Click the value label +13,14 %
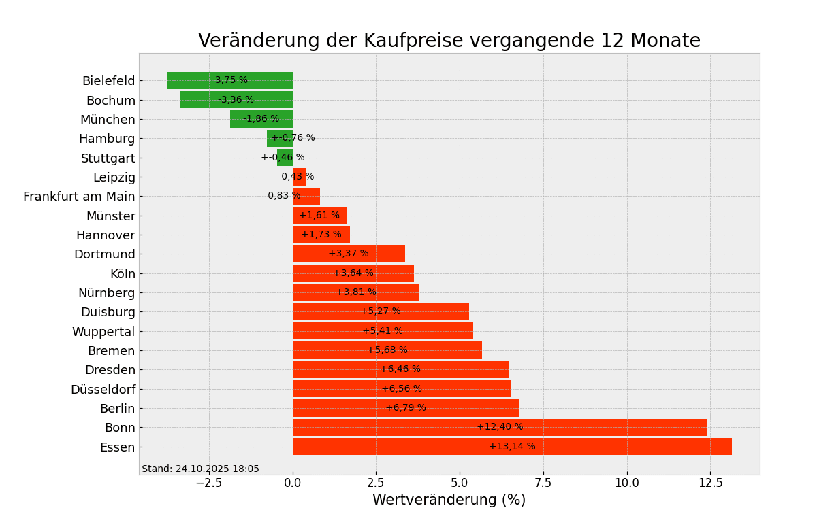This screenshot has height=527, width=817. pos(512,447)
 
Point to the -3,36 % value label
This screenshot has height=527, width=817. pos(236,100)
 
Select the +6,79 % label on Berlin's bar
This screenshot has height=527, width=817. pos(406,408)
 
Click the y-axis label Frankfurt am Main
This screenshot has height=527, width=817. pos(79,197)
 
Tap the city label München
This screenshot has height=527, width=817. pos(108,120)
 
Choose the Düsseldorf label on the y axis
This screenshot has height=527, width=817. pos(103,390)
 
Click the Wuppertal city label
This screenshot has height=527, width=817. pos(103,332)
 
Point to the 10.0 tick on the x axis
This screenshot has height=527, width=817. pos(626,483)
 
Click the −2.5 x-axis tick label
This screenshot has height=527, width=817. pos(208,483)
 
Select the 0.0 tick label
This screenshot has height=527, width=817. pos(293,483)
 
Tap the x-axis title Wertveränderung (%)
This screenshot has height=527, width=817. pos(449,500)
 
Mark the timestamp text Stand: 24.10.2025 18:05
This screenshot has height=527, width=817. pos(200,469)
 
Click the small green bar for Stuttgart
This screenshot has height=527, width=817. pos(285,158)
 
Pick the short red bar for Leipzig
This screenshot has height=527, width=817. pos(300,177)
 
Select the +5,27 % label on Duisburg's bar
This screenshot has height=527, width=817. pos(381,311)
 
